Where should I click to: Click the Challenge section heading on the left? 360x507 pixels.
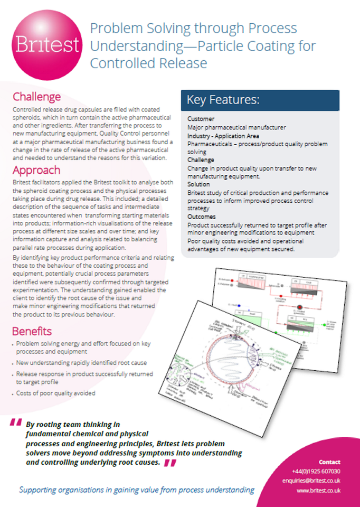36,97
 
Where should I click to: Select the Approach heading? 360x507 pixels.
36,170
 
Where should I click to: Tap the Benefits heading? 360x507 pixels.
32,331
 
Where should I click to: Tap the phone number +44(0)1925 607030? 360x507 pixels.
316,471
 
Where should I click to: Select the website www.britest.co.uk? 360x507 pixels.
318,490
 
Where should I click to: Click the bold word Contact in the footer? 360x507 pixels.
329,462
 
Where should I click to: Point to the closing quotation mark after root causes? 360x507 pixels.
169,463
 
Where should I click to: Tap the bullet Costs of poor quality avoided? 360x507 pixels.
56,393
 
